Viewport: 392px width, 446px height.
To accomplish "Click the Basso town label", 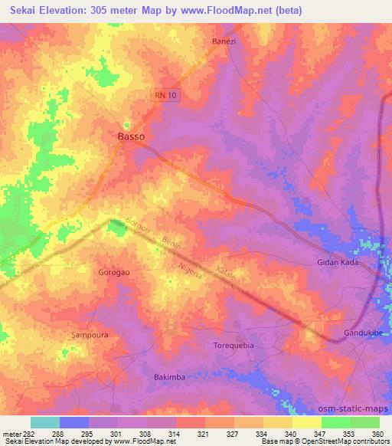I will [x=131, y=136].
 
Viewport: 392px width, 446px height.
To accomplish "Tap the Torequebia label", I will [x=233, y=346].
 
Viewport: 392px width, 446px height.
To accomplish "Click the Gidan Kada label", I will [x=338, y=262].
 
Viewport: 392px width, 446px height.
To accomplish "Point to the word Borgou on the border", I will [x=139, y=228].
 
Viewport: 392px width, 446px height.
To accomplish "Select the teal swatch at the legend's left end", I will [x=45, y=422].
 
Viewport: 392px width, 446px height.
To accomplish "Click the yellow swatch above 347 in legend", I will [x=307, y=422].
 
